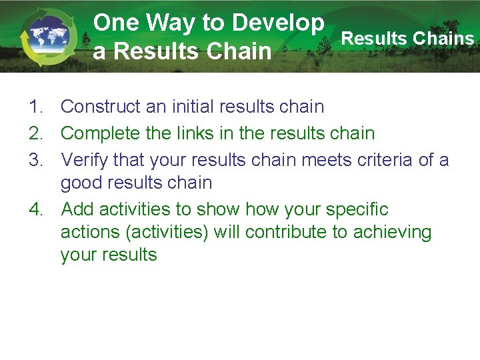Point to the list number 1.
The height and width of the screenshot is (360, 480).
pos(35,107)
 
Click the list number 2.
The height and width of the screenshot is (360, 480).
pos(35,133)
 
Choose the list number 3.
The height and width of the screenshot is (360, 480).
pos(35,160)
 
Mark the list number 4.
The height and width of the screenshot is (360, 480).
pos(35,209)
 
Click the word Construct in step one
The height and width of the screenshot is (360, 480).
pos(101,107)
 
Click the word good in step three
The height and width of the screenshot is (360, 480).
pos(81,183)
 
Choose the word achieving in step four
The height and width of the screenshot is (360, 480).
pos(397,233)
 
